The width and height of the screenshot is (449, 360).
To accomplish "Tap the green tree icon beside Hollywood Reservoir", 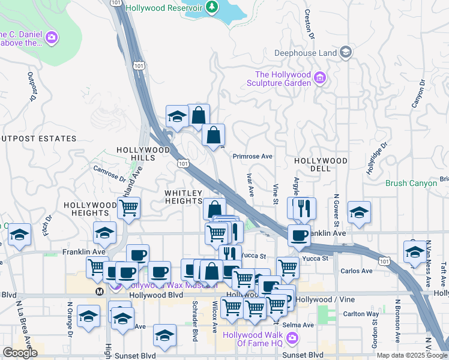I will tap(211, 7).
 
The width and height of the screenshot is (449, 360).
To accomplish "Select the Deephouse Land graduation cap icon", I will tap(346, 53).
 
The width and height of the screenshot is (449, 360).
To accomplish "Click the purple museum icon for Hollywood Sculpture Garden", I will tap(320, 78).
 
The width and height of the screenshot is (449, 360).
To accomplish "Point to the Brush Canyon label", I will tap(411, 183).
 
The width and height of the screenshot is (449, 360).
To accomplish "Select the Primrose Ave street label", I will tap(252, 156).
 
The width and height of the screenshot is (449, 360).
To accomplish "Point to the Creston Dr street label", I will tap(310, 23).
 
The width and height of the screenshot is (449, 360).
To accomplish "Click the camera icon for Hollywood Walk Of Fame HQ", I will tap(292, 339).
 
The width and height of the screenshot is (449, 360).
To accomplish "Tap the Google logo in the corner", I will tap(20, 352).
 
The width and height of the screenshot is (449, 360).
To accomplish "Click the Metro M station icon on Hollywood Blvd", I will tap(100, 291).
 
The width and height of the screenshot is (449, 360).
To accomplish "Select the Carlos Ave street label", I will tap(356, 271).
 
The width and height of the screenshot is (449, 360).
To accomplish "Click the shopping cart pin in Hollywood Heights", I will tap(128, 209).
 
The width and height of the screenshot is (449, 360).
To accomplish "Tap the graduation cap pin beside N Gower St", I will tap(359, 212).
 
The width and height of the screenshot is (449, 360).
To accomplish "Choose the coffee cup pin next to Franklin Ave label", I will tap(299, 235).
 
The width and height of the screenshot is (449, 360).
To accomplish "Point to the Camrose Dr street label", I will tap(109, 173).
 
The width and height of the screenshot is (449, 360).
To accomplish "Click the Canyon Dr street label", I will tap(418, 94).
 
